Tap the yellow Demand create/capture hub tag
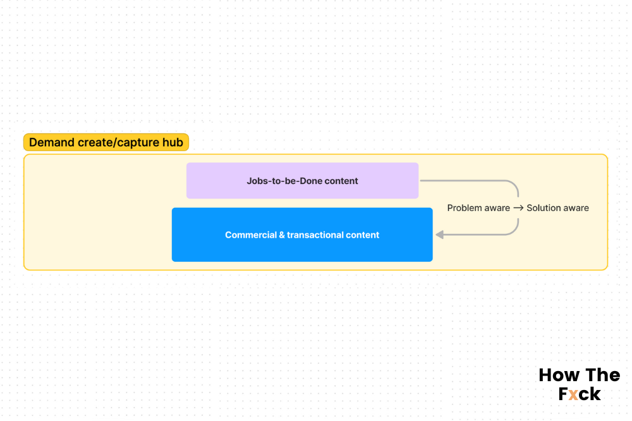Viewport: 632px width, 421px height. [106, 142]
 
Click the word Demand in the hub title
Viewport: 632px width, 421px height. [51, 142]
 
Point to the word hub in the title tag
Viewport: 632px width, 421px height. [173, 142]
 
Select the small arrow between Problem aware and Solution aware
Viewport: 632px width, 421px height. [518, 208]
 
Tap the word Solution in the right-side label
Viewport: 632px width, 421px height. [543, 208]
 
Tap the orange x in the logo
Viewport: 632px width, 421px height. [573, 394]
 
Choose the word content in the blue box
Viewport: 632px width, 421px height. [363, 235]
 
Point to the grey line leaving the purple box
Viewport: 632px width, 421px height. [468, 181]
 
